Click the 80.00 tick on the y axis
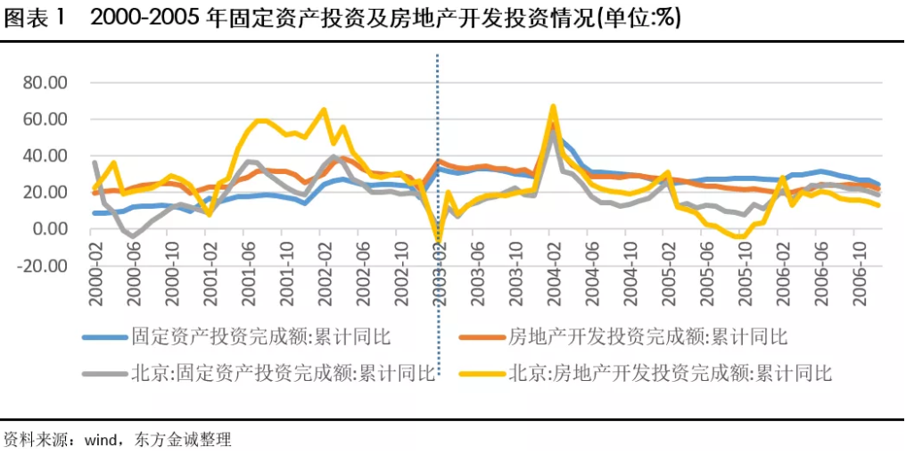pos(45,83)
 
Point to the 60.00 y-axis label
pos(45,120)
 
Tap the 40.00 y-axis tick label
pos(45,156)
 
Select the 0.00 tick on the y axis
pos(49,228)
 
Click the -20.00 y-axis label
pos(42,265)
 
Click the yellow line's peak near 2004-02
pos(553,106)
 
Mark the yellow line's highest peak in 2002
pos(323,110)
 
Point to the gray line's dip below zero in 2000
pos(133,236)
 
